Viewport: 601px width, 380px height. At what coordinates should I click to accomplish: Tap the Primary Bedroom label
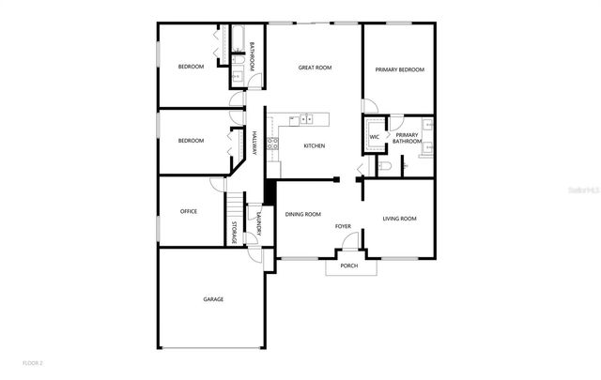pyautogui.click(x=400, y=69)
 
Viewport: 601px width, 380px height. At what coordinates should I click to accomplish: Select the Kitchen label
pyautogui.click(x=314, y=145)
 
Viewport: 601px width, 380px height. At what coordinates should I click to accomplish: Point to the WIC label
pyautogui.click(x=374, y=137)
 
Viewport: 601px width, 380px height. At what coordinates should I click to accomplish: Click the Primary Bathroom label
pyautogui.click(x=407, y=139)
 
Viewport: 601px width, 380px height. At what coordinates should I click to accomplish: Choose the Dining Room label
pyautogui.click(x=303, y=214)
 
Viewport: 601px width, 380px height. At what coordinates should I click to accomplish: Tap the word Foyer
pyautogui.click(x=344, y=226)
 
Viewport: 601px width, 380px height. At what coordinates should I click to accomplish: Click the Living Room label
pyautogui.click(x=399, y=219)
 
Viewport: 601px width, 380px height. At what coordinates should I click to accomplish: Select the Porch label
pyautogui.click(x=349, y=266)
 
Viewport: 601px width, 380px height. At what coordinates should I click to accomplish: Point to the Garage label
pyautogui.click(x=213, y=299)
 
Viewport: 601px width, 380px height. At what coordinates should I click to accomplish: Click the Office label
pyautogui.click(x=188, y=211)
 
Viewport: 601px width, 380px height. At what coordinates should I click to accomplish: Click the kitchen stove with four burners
pyautogui.click(x=272, y=144)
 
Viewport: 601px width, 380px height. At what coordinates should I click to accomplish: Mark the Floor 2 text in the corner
pyautogui.click(x=33, y=362)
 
